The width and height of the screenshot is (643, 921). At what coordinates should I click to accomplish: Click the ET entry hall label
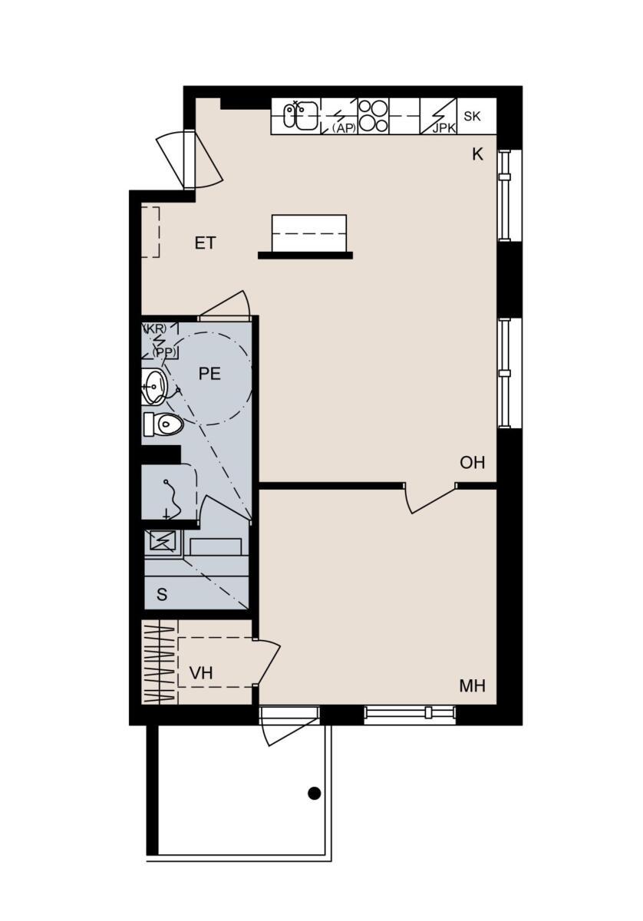(x=205, y=243)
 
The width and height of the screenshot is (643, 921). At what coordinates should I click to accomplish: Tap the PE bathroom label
(x=209, y=373)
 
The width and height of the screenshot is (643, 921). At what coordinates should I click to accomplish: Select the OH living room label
(x=472, y=463)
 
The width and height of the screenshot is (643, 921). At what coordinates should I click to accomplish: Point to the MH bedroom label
(x=473, y=685)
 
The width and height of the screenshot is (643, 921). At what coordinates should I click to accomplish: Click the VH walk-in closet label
(x=201, y=673)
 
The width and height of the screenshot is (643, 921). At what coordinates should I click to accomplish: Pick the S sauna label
(x=162, y=594)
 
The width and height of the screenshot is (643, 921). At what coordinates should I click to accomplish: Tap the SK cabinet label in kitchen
(x=472, y=117)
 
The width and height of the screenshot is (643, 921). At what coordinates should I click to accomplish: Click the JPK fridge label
(x=444, y=128)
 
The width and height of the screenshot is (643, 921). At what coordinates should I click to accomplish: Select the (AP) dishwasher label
(x=344, y=128)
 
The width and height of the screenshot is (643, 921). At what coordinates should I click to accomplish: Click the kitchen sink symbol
(x=301, y=115)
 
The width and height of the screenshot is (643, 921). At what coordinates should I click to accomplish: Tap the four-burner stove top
(x=373, y=116)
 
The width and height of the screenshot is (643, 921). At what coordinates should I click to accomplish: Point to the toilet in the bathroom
(x=163, y=424)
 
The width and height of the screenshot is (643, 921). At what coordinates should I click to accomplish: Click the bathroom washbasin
(x=154, y=387)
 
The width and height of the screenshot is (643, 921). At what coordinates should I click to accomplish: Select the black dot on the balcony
(x=314, y=793)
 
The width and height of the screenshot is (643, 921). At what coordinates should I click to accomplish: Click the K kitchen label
(x=477, y=154)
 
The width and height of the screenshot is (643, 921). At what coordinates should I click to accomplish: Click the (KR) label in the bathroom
(x=154, y=329)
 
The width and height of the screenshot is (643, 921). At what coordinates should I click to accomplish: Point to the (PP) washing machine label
(x=163, y=352)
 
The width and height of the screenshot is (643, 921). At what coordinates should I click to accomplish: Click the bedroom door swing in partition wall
(x=430, y=499)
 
